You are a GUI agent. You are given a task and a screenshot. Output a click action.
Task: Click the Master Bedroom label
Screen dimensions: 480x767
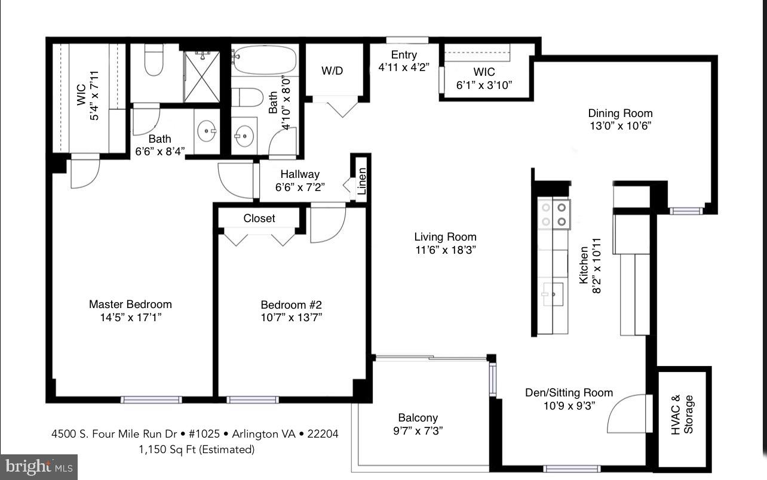coord(130,304)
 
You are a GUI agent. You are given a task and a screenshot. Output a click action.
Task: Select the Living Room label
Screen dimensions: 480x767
coord(446,237)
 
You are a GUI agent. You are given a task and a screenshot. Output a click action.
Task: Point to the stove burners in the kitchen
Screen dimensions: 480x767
coord(554,214)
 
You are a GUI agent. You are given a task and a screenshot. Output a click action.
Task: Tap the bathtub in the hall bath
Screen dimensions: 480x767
coord(263,60)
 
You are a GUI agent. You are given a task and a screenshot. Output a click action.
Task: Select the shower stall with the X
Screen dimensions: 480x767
coord(201,76)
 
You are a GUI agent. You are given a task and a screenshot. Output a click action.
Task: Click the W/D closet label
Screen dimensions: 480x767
coord(332,71)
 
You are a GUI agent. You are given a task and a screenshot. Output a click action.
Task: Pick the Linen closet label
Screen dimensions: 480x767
coord(361,180)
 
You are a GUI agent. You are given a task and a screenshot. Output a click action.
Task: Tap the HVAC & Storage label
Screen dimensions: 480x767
coord(683,414)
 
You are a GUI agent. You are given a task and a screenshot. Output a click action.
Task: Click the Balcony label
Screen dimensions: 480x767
coord(418,418)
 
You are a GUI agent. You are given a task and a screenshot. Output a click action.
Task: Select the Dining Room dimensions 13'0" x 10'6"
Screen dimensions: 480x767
coord(620,126)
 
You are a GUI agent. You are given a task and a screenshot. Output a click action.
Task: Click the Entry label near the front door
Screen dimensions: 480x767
coord(404,55)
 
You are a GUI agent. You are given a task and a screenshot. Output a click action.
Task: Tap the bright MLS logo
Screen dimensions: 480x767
coord(39,466)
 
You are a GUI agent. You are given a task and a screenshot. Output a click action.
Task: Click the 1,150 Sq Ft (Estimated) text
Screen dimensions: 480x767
coord(195,449)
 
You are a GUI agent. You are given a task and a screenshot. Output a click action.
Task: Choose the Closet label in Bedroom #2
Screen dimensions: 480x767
coord(259,219)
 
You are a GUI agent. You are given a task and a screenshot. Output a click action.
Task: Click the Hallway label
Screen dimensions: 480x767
coord(299,174)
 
